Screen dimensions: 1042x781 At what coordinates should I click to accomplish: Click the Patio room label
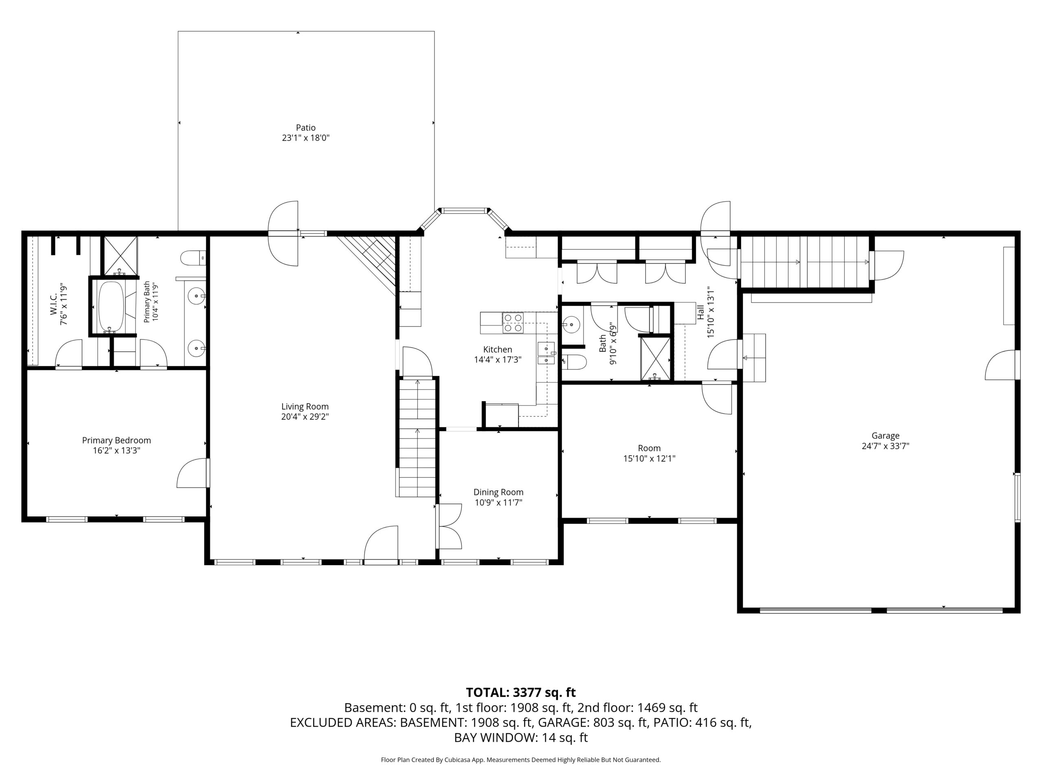(306, 128)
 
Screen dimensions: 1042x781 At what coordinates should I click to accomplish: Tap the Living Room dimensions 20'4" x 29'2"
(305, 417)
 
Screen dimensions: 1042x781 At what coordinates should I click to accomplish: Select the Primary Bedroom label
(116, 440)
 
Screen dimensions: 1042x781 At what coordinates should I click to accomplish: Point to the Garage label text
(885, 436)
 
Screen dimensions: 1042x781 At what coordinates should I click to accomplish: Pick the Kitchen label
(497, 349)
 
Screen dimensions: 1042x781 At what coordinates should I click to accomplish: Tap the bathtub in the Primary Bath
(111, 306)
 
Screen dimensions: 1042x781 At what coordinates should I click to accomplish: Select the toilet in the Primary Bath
(193, 258)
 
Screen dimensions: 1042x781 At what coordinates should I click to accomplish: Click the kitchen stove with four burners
(513, 323)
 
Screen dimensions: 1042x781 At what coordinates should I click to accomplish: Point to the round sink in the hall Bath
(571, 324)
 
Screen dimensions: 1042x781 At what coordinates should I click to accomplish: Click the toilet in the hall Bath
(575, 362)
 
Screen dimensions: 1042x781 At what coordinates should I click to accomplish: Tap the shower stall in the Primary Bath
(120, 255)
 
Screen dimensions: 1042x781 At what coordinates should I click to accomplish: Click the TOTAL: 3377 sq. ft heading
(521, 692)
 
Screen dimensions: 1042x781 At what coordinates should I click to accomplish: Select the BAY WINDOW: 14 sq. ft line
(521, 738)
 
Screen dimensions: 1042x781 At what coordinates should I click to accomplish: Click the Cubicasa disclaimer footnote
(521, 760)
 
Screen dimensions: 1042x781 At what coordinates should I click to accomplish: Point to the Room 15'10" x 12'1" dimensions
(649, 458)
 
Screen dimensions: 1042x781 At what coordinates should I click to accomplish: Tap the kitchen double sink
(546, 353)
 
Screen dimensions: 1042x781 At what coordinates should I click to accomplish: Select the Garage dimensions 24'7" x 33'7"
(885, 446)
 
